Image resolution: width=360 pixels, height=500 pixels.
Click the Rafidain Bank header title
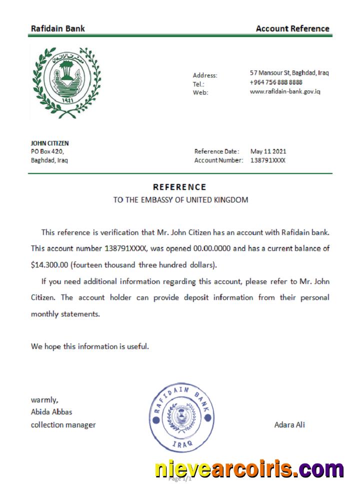(x=57, y=28)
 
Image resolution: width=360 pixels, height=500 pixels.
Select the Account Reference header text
(x=292, y=28)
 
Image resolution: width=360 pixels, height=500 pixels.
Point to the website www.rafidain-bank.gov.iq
(x=285, y=91)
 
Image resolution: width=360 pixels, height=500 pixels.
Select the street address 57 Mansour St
(x=289, y=72)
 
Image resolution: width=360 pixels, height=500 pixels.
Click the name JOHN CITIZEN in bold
(x=50, y=143)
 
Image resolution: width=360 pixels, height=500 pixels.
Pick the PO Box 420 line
(x=47, y=151)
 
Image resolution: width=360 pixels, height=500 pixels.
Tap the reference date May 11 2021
(x=268, y=151)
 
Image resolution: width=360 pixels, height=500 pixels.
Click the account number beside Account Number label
(x=268, y=160)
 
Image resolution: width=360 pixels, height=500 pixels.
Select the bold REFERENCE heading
(x=179, y=187)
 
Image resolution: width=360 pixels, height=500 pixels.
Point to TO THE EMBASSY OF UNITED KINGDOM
(x=180, y=200)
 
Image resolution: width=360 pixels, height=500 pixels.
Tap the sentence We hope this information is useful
(x=90, y=346)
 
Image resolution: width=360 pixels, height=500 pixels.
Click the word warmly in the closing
(x=44, y=399)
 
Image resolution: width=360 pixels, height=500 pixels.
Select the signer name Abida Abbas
(x=51, y=412)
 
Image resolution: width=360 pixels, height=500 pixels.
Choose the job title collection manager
(x=63, y=425)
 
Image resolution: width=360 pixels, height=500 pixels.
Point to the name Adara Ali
(x=289, y=425)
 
